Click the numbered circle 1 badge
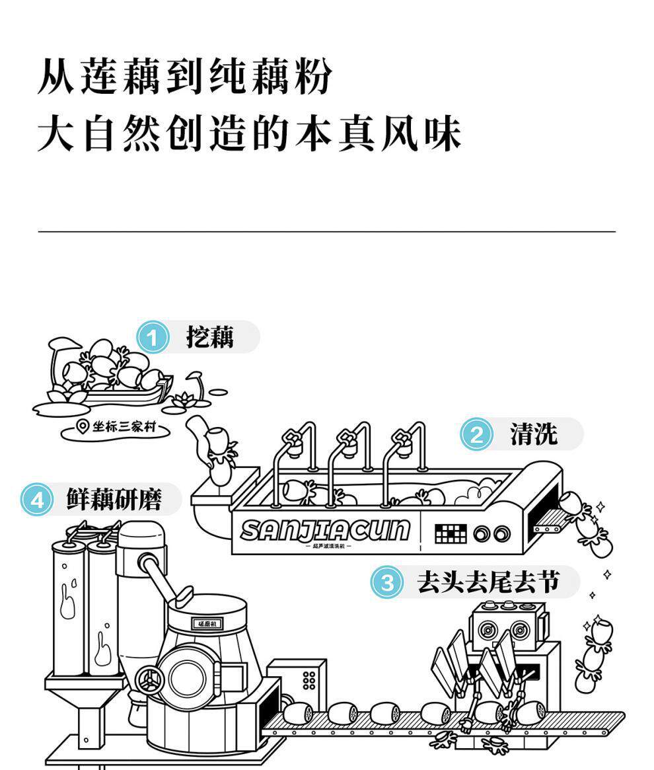[153, 338]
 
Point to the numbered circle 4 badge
[36, 500]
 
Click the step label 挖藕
[209, 338]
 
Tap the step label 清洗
[533, 434]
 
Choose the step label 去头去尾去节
[488, 582]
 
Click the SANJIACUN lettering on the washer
[324, 530]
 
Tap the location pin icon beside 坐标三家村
[83, 427]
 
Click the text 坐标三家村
[126, 428]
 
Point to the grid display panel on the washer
[451, 533]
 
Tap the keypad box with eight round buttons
[309, 680]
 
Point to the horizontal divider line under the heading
[327, 232]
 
